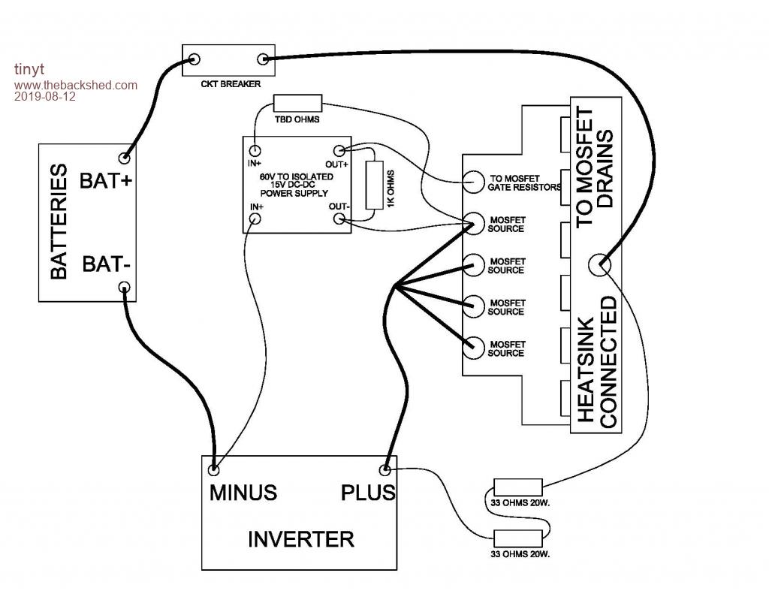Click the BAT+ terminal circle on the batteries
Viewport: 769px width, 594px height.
tap(124, 158)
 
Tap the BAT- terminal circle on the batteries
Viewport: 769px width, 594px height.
tap(125, 287)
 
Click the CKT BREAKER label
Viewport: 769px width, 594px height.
tap(225, 84)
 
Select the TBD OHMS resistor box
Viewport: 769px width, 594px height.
tap(297, 104)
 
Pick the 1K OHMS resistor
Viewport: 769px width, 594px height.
tap(372, 185)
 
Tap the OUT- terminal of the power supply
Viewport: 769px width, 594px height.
tap(339, 219)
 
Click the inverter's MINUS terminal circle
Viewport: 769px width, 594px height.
tap(215, 469)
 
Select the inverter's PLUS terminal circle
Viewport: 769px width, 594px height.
tap(385, 469)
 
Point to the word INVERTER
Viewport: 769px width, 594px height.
tap(300, 539)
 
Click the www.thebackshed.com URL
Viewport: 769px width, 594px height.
tap(75, 85)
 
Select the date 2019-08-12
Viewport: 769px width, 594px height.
tap(45, 96)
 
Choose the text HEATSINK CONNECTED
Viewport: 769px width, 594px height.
tap(598, 362)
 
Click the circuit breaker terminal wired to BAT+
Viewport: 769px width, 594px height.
tap(195, 59)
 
